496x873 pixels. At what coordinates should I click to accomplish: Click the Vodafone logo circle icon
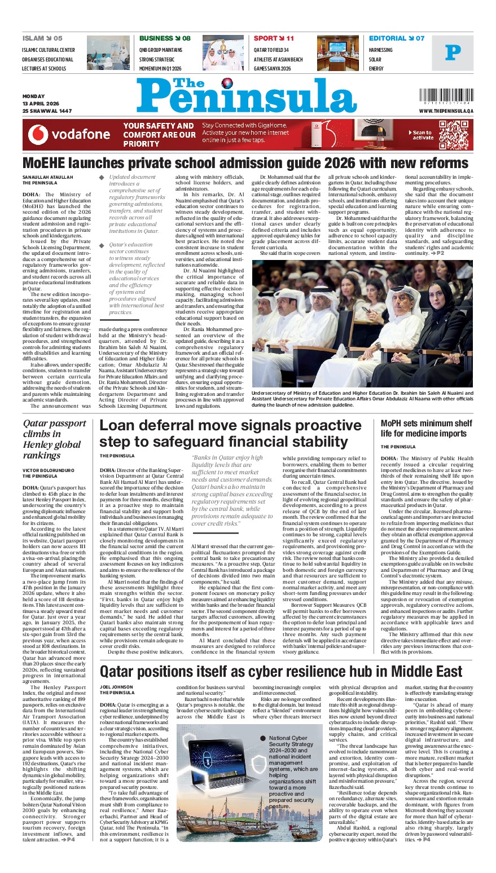coord(38,134)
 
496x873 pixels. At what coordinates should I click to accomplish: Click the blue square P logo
coord(453,53)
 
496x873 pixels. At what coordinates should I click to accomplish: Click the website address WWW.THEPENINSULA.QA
coord(446,112)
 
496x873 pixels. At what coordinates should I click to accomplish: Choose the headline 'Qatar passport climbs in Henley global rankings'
coord(54,439)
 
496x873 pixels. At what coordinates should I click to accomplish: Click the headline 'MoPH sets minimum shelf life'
coord(426,428)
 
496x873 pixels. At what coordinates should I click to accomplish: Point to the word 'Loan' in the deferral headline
coord(120,426)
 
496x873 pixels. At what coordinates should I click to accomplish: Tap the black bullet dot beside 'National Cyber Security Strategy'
coord(263,738)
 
